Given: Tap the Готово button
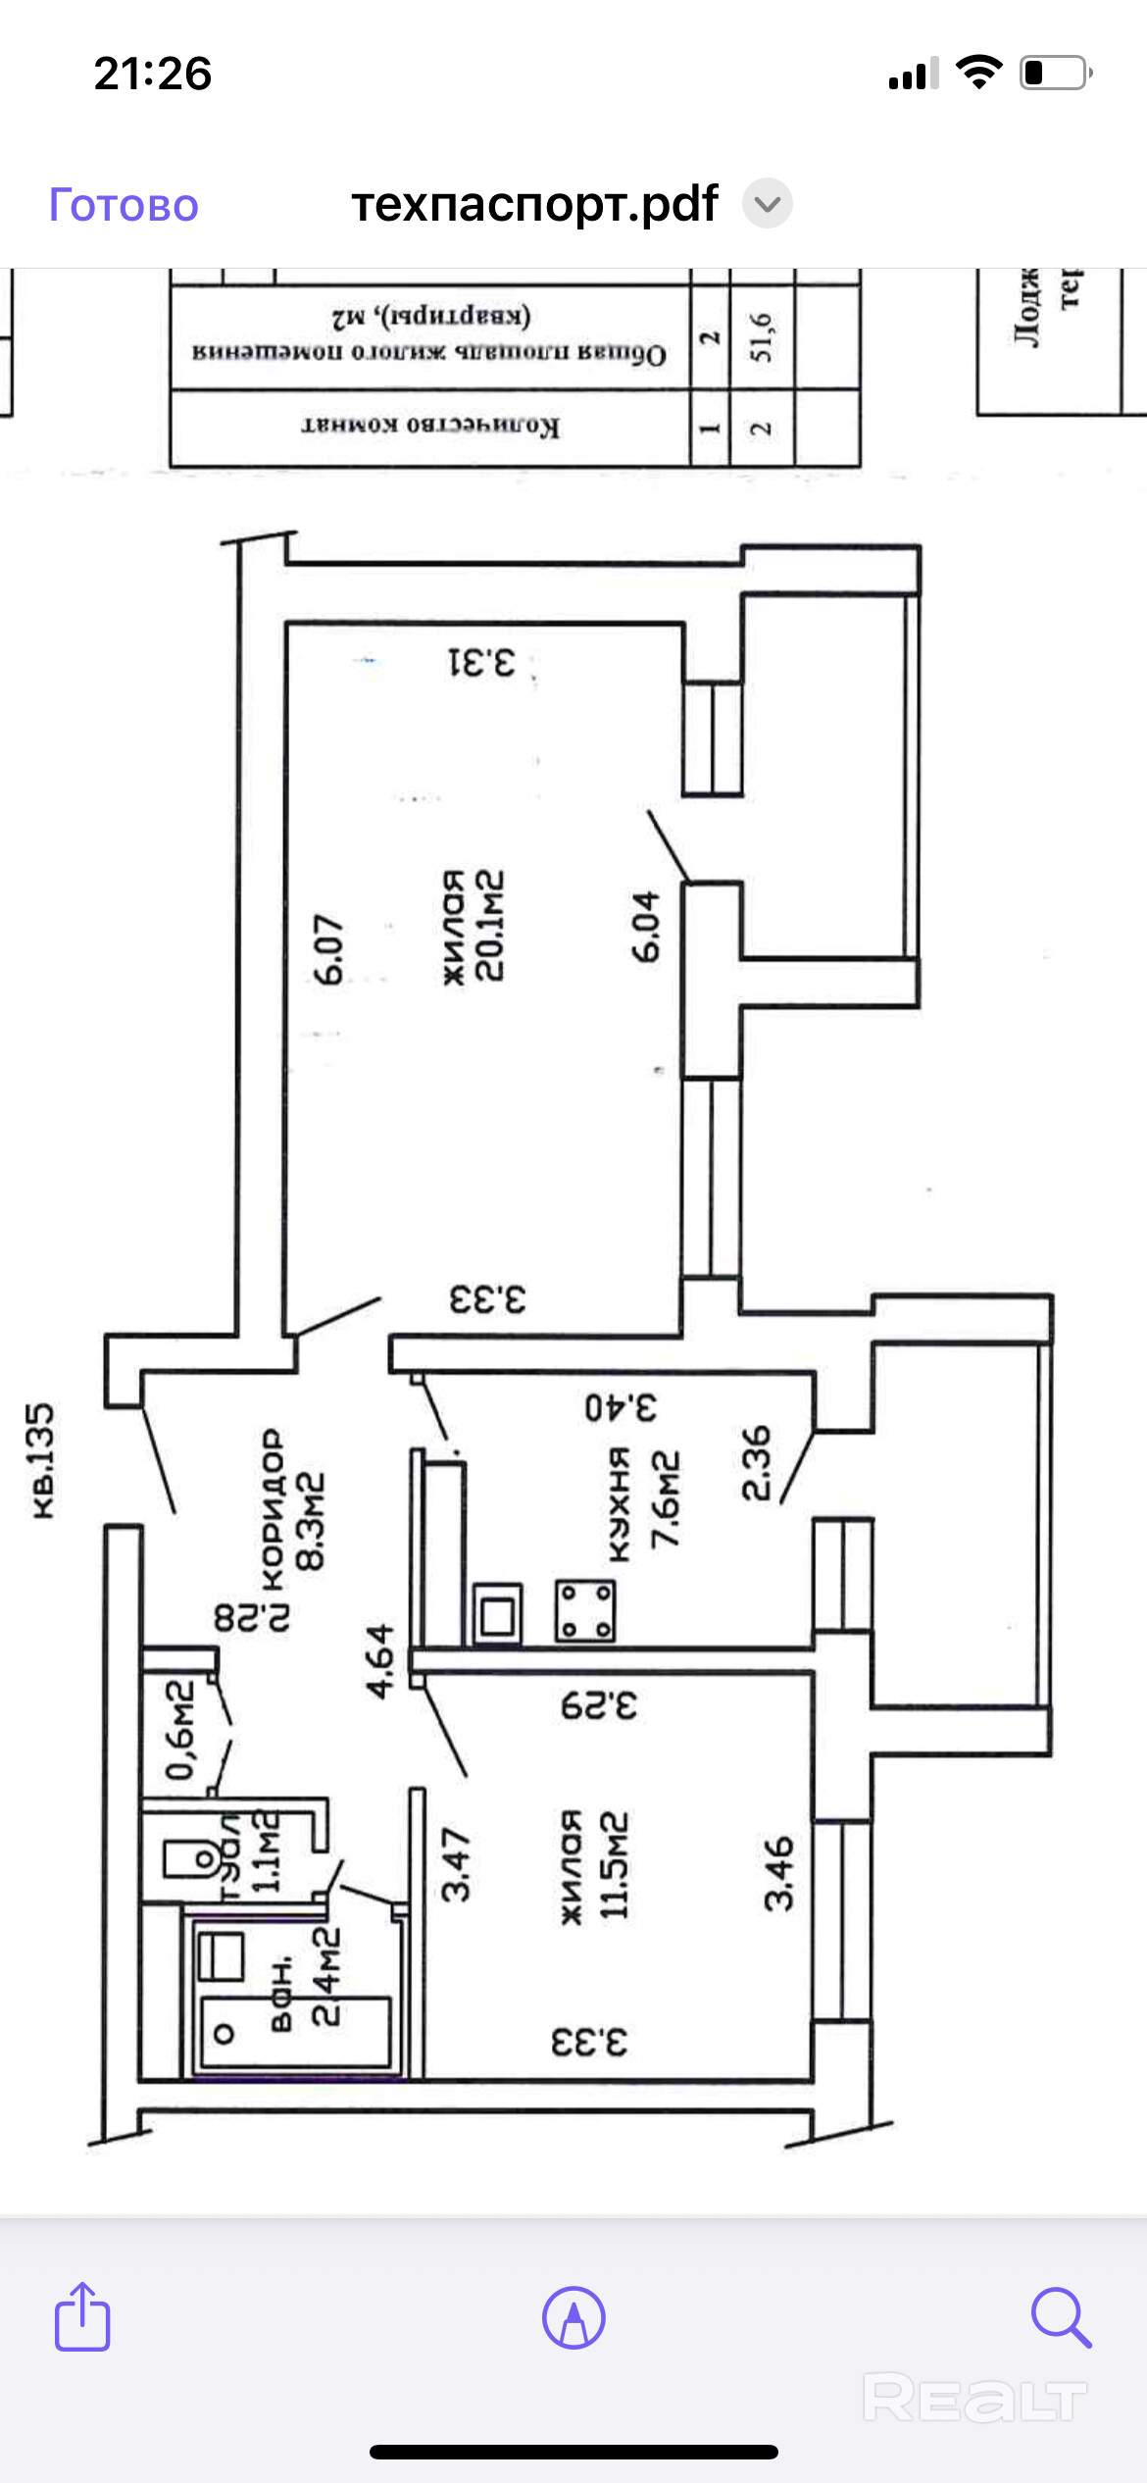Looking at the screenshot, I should tap(124, 206).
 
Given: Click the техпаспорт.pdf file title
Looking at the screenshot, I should tap(534, 204).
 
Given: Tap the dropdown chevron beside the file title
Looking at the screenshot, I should tap(767, 204).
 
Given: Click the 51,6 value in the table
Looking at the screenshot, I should tap(762, 337).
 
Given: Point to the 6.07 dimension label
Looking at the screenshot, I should tap(329, 949).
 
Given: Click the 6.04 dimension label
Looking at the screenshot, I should tap(646, 926).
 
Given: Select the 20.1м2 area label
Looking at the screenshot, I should tap(489, 925).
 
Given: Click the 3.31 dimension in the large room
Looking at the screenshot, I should tap(481, 663).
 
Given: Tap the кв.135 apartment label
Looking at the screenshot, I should tap(41, 1460).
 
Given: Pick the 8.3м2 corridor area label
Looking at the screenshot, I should tap(310, 1520).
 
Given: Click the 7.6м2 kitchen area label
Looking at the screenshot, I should tap(666, 1499).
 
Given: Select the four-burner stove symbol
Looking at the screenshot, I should tap(585, 1610).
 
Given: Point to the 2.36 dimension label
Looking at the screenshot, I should tap(756, 1463).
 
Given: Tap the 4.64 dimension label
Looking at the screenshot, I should tap(379, 1660).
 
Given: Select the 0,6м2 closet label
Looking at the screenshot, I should tap(180, 1728).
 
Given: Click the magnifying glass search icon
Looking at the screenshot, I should tap(1061, 2317).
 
